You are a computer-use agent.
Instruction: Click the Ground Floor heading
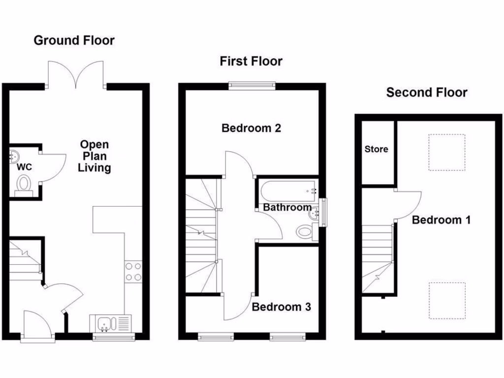[74, 40]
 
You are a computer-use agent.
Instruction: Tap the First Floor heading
[251, 62]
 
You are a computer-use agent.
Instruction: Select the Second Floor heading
[427, 92]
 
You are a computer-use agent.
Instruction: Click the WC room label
[24, 167]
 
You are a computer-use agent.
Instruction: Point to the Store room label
[376, 149]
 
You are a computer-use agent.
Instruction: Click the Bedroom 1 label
[441, 220]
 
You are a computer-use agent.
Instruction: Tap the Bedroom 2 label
[251, 128]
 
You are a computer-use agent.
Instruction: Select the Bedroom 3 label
[281, 307]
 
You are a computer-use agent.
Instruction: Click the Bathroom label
[286, 208]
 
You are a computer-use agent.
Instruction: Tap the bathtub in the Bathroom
[288, 189]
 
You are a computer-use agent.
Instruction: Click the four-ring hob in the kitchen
[134, 272]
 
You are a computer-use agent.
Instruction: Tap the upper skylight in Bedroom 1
[446, 152]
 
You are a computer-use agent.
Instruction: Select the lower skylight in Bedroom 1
[446, 300]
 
